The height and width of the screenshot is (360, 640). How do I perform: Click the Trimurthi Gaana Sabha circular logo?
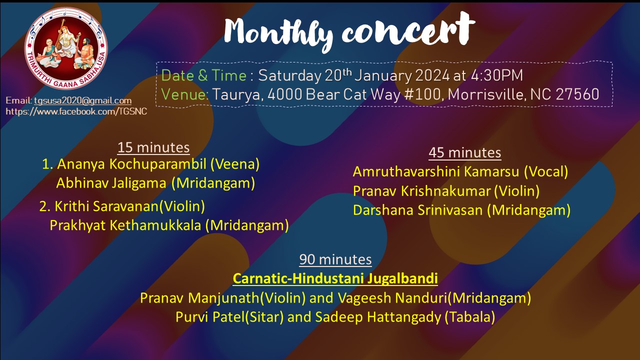coord(66,48)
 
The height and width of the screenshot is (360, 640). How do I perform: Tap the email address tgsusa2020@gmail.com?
coord(83,100)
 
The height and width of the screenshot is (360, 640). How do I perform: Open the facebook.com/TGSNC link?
coord(76,111)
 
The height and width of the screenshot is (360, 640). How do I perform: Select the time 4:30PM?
coord(496,75)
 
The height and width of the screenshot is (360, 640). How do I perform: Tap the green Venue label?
coord(184,94)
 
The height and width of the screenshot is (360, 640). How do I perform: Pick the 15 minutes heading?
coord(153,147)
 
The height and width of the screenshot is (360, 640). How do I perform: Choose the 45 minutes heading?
coord(465,152)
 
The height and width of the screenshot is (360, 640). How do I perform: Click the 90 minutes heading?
coord(335,259)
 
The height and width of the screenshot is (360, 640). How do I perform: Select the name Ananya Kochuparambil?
coord(131,164)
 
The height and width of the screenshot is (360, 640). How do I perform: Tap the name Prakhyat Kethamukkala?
coord(125,225)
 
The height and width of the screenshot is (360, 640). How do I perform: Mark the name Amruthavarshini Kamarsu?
coord(435,171)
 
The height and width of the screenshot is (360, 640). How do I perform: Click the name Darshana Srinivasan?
coord(417,210)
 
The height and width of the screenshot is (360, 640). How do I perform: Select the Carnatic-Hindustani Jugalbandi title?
coord(335,278)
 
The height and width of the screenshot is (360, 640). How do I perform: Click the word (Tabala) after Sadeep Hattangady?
coord(469,317)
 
